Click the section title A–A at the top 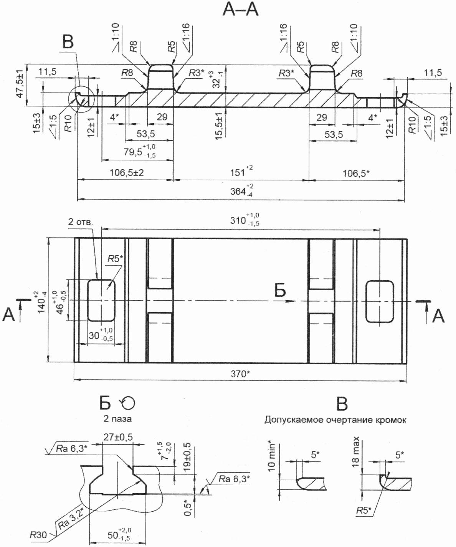pyautogui.click(x=240, y=10)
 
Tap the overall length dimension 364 pyautogui.click(x=241, y=191)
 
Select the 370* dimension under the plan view pyautogui.click(x=240, y=374)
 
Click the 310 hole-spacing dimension pyautogui.click(x=245, y=220)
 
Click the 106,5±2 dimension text pyautogui.click(x=127, y=173)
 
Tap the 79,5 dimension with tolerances pyautogui.click(x=140, y=151)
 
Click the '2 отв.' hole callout pyautogui.click(x=80, y=222)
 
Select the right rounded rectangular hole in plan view pyautogui.click(x=380, y=301)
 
